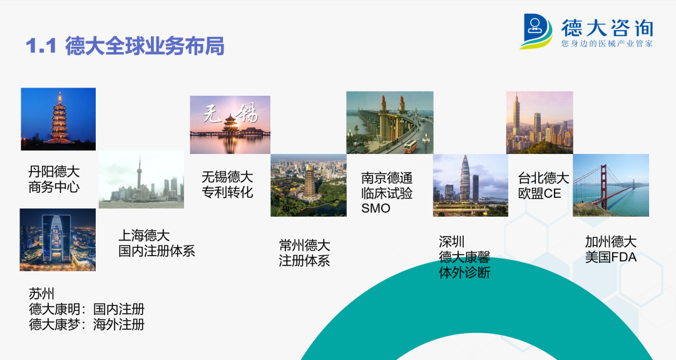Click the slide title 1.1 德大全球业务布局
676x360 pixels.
pyautogui.click(x=125, y=46)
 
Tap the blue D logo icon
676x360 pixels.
pyautogui.click(x=535, y=31)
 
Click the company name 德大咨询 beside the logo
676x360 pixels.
pyautogui.click(x=607, y=28)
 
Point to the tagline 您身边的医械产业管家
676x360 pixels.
pyautogui.click(x=607, y=44)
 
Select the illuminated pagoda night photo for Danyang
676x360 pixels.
pyautogui.click(x=58, y=119)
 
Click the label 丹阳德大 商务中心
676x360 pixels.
pyautogui.click(x=54, y=179)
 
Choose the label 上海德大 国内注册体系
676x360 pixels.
pyautogui.click(x=156, y=243)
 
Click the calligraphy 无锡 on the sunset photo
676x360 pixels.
pyautogui.click(x=230, y=113)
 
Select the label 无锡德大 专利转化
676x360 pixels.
pyautogui.click(x=227, y=185)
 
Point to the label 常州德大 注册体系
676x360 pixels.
pyautogui.click(x=304, y=253)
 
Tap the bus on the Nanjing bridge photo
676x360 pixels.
pyautogui.click(x=410, y=146)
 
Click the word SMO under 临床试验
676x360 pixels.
pyautogui.click(x=376, y=208)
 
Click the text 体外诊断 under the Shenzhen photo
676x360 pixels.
pyautogui.click(x=464, y=272)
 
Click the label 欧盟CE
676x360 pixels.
pyautogui.click(x=540, y=193)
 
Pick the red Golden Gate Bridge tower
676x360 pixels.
pyautogui.click(x=603, y=186)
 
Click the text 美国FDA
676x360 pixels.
pyautogui.click(x=610, y=257)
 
